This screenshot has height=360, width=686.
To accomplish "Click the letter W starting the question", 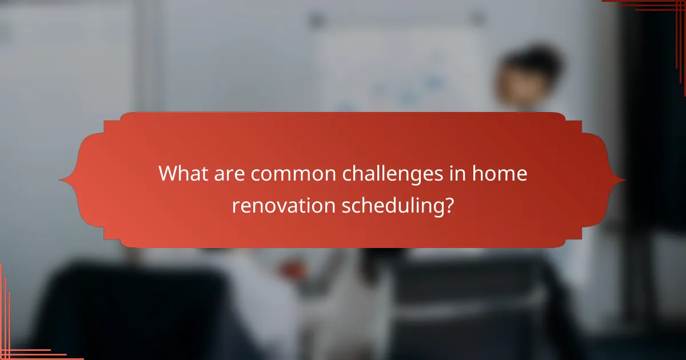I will (169, 174).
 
